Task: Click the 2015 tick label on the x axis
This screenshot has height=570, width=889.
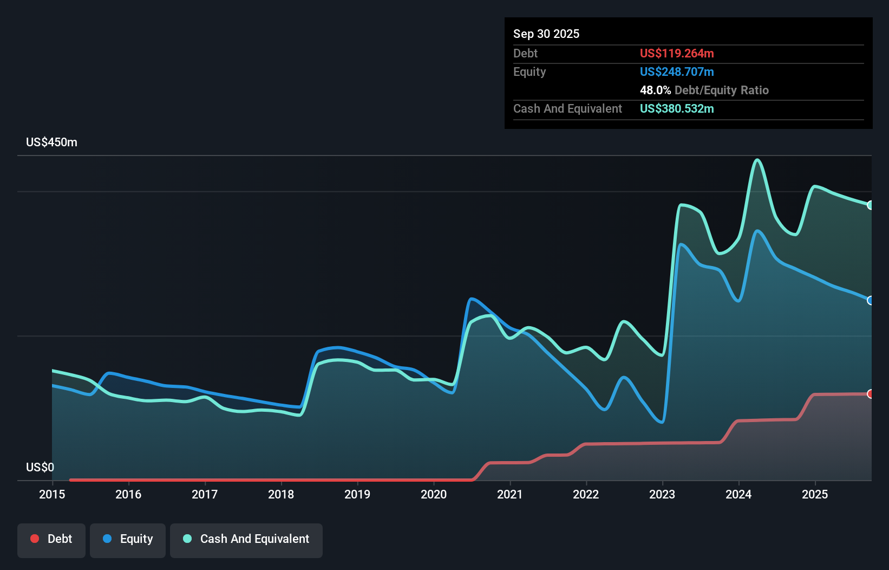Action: (x=52, y=494)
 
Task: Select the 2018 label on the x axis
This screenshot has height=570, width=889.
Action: (x=281, y=494)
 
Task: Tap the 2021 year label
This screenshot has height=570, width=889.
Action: (x=509, y=494)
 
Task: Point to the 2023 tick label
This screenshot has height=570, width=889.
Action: (x=662, y=494)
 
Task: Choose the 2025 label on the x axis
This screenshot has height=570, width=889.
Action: (x=815, y=494)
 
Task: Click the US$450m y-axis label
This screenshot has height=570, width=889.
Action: (x=51, y=142)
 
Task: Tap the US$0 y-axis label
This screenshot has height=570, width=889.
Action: (x=40, y=467)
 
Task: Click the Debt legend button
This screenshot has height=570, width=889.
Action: (x=51, y=539)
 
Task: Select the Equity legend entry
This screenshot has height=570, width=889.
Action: (x=128, y=539)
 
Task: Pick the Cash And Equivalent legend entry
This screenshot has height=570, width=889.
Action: (x=246, y=539)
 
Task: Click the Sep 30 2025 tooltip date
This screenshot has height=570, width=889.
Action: (x=546, y=34)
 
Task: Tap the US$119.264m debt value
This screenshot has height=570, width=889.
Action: (x=676, y=54)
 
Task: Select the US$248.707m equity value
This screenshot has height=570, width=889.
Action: (x=676, y=72)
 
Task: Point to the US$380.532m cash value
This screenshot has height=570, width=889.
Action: (x=676, y=109)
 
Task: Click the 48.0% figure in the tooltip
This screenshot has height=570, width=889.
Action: (x=655, y=90)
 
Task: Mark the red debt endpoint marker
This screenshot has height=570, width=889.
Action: (x=870, y=394)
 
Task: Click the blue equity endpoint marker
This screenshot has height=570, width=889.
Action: (x=870, y=300)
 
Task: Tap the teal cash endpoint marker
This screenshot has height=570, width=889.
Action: (x=870, y=205)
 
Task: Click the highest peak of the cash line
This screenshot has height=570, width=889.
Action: (x=757, y=160)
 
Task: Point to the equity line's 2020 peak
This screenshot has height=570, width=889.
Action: (x=472, y=299)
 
